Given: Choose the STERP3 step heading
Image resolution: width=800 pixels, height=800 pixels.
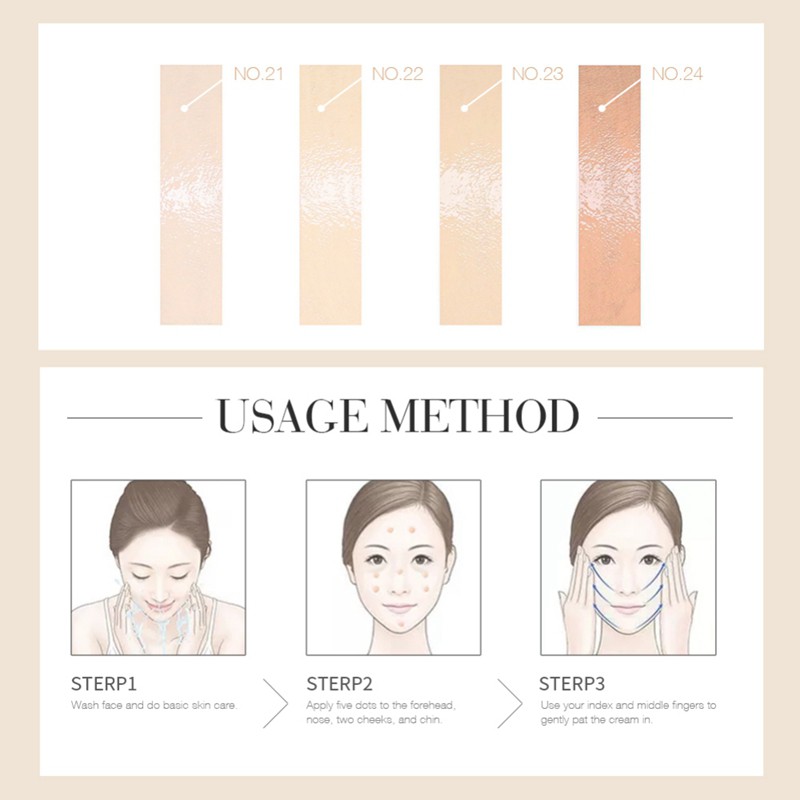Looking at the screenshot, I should tap(572, 685).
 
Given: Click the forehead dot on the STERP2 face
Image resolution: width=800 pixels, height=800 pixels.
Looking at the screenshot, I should tap(394, 531).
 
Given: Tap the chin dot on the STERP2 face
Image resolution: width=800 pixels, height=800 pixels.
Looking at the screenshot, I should tap(394, 625).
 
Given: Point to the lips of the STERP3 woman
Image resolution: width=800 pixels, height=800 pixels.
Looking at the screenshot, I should tap(627, 608).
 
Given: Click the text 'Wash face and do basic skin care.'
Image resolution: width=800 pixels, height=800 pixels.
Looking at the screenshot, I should tap(153, 706).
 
